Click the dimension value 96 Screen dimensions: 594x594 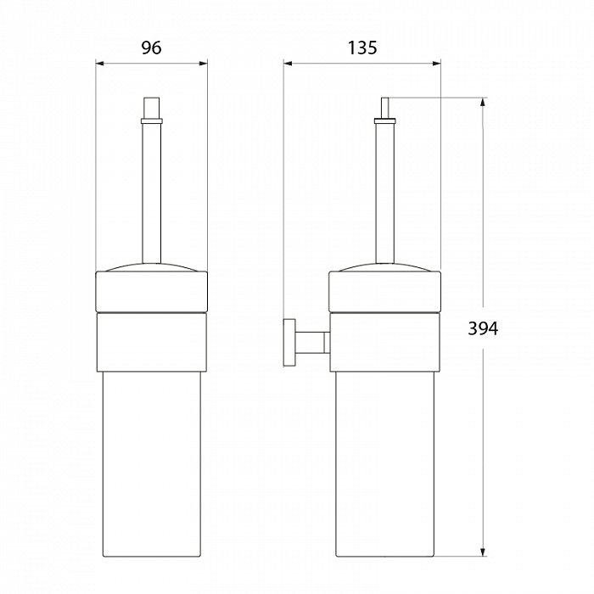pos(151,48)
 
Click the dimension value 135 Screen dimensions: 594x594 pos(362,48)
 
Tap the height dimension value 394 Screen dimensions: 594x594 pos(483,328)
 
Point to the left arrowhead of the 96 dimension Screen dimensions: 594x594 pos(100,64)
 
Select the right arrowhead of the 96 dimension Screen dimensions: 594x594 pos(203,64)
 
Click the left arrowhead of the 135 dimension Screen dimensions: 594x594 pos(288,64)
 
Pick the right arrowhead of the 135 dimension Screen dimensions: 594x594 pos(436,64)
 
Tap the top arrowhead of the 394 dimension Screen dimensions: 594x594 pos(483,103)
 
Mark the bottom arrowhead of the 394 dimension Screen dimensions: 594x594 pos(483,552)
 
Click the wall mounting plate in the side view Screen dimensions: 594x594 pos(289,343)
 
